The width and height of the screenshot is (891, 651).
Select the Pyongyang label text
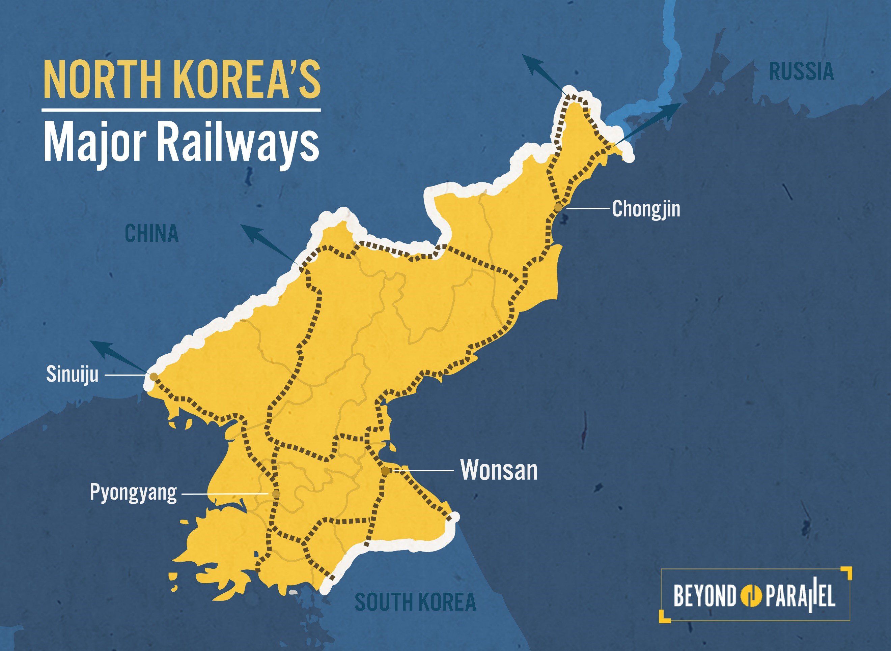pos(133,493)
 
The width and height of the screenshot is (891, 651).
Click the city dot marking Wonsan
pos(385,471)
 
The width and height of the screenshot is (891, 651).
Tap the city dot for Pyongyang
pos(276,494)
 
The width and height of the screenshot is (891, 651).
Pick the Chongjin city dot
pos(557,207)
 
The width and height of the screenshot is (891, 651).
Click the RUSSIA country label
pos(801,72)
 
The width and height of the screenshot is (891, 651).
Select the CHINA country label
pos(152,233)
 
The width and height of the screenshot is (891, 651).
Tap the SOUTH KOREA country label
pos(416,602)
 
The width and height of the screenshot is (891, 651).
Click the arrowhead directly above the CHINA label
pos(249,230)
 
